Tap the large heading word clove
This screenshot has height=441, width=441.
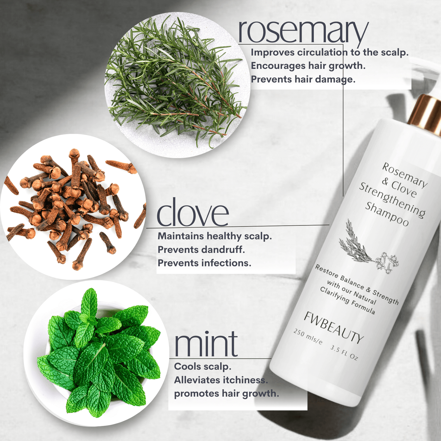tap(193, 213)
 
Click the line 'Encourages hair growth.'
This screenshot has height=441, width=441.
tap(308, 66)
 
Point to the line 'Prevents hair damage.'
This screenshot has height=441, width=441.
tap(303, 79)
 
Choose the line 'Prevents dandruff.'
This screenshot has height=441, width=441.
tap(201, 249)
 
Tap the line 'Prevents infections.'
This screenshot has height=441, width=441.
tap(204, 263)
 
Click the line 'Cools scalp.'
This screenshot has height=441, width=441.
tap(203, 366)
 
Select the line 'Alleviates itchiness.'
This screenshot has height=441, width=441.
tap(221, 380)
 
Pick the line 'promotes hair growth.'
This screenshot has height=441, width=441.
tap(227, 393)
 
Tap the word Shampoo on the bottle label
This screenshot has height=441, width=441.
tap(387, 214)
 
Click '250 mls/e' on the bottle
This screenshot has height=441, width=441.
tap(308, 336)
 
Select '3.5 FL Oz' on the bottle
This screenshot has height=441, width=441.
tap(344, 352)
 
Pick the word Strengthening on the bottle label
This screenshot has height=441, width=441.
tap(392, 200)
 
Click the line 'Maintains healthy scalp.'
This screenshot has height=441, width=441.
tap(215, 236)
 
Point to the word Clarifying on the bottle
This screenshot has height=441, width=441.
tap(334, 295)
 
